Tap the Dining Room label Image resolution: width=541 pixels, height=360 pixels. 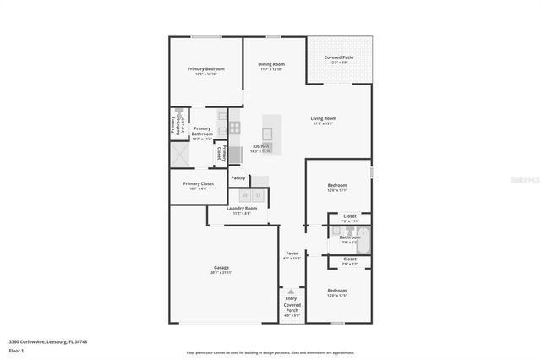271,64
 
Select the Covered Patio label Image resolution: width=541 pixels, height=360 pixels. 339,57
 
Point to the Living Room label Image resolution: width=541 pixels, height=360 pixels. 323,118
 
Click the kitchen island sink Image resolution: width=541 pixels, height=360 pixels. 267,133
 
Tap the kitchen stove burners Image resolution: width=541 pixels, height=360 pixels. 234,128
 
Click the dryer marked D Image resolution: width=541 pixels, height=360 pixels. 258,195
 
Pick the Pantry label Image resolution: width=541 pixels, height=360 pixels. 238,177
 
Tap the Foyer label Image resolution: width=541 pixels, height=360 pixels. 292,253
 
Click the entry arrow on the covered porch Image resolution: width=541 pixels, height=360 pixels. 292,292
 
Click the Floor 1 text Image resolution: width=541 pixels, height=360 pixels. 15,350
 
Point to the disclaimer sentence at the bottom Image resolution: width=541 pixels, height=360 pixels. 270,353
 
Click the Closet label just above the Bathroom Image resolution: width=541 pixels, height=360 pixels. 349,216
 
